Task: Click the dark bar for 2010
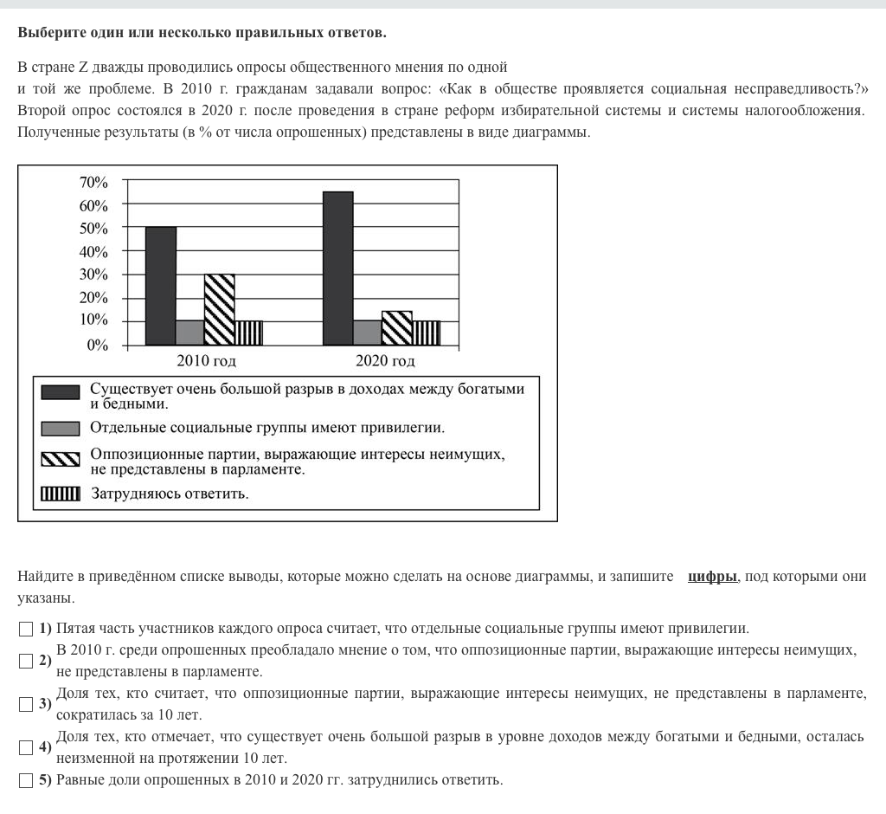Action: pyautogui.click(x=161, y=286)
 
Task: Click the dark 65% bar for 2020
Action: pyautogui.click(x=337, y=268)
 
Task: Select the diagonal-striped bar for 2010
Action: pyautogui.click(x=220, y=309)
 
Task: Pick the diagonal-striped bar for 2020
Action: pyautogui.click(x=397, y=327)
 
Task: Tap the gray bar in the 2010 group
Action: pyautogui.click(x=190, y=333)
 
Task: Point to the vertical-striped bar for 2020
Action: pyautogui.click(x=427, y=333)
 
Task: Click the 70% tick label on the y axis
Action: pyautogui.click(x=93, y=183)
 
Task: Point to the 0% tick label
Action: pyautogui.click(x=98, y=345)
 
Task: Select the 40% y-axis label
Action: pyautogui.click(x=93, y=252)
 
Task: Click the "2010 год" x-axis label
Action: pyautogui.click(x=206, y=361)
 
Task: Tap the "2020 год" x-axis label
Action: pyautogui.click(x=385, y=361)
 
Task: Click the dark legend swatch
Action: pyautogui.click(x=61, y=393)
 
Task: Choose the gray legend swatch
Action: pyautogui.click(x=61, y=428)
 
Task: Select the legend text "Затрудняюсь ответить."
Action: pyautogui.click(x=170, y=494)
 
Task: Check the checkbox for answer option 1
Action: pyautogui.click(x=25, y=629)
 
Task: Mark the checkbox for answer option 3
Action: pyautogui.click(x=25, y=704)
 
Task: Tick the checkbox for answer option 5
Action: pyautogui.click(x=25, y=780)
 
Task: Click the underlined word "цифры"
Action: pyautogui.click(x=712, y=577)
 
